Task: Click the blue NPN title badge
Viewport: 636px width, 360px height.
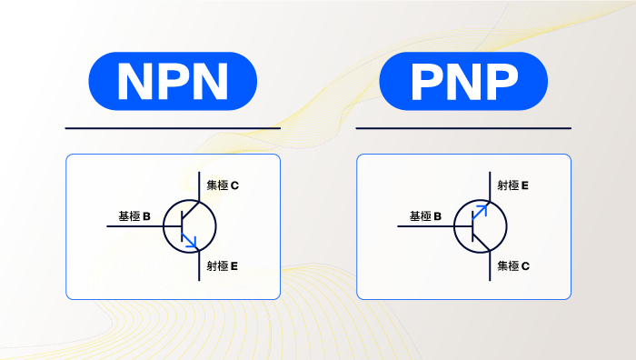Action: tap(172, 81)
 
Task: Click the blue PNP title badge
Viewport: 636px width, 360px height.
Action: tap(462, 81)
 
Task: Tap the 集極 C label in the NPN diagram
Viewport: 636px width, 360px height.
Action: tap(223, 186)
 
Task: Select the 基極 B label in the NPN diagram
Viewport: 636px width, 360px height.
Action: tap(134, 217)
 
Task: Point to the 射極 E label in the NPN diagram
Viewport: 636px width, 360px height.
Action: tap(223, 266)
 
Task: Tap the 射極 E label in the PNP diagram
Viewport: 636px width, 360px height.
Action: tap(513, 186)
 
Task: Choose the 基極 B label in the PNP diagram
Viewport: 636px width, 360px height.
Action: tap(425, 217)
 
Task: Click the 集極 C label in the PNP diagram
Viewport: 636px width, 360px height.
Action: tap(513, 266)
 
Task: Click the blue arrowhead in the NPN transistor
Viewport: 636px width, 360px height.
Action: tap(190, 241)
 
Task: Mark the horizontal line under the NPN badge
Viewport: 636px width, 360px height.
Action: tap(173, 128)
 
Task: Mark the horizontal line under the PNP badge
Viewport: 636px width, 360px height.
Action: tap(463, 128)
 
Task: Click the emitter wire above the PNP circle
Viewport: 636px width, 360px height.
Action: tap(490, 184)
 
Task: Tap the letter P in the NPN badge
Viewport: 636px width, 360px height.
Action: tap(172, 82)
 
